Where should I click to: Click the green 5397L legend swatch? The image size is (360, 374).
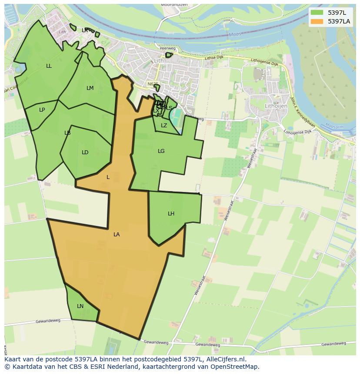[x=317, y=13]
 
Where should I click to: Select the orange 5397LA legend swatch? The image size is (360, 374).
[x=317, y=21]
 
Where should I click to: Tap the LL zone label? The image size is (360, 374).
[x=49, y=66]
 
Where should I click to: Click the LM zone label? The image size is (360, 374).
[x=90, y=88]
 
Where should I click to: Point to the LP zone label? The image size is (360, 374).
[x=42, y=110]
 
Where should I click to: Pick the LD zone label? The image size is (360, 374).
[x=85, y=152]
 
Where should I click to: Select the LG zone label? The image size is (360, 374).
[x=161, y=151]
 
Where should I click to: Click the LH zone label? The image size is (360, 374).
[x=171, y=214]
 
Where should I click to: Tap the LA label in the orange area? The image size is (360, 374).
[x=117, y=235]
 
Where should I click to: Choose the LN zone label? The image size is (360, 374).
[x=80, y=306]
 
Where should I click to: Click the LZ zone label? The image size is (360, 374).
[x=164, y=126]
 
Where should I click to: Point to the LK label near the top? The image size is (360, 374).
[x=85, y=30]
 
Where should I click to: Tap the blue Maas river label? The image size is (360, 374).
[x=234, y=34]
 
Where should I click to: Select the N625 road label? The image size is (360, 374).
[x=153, y=84]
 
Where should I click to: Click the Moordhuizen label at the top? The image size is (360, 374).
[x=173, y=4]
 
